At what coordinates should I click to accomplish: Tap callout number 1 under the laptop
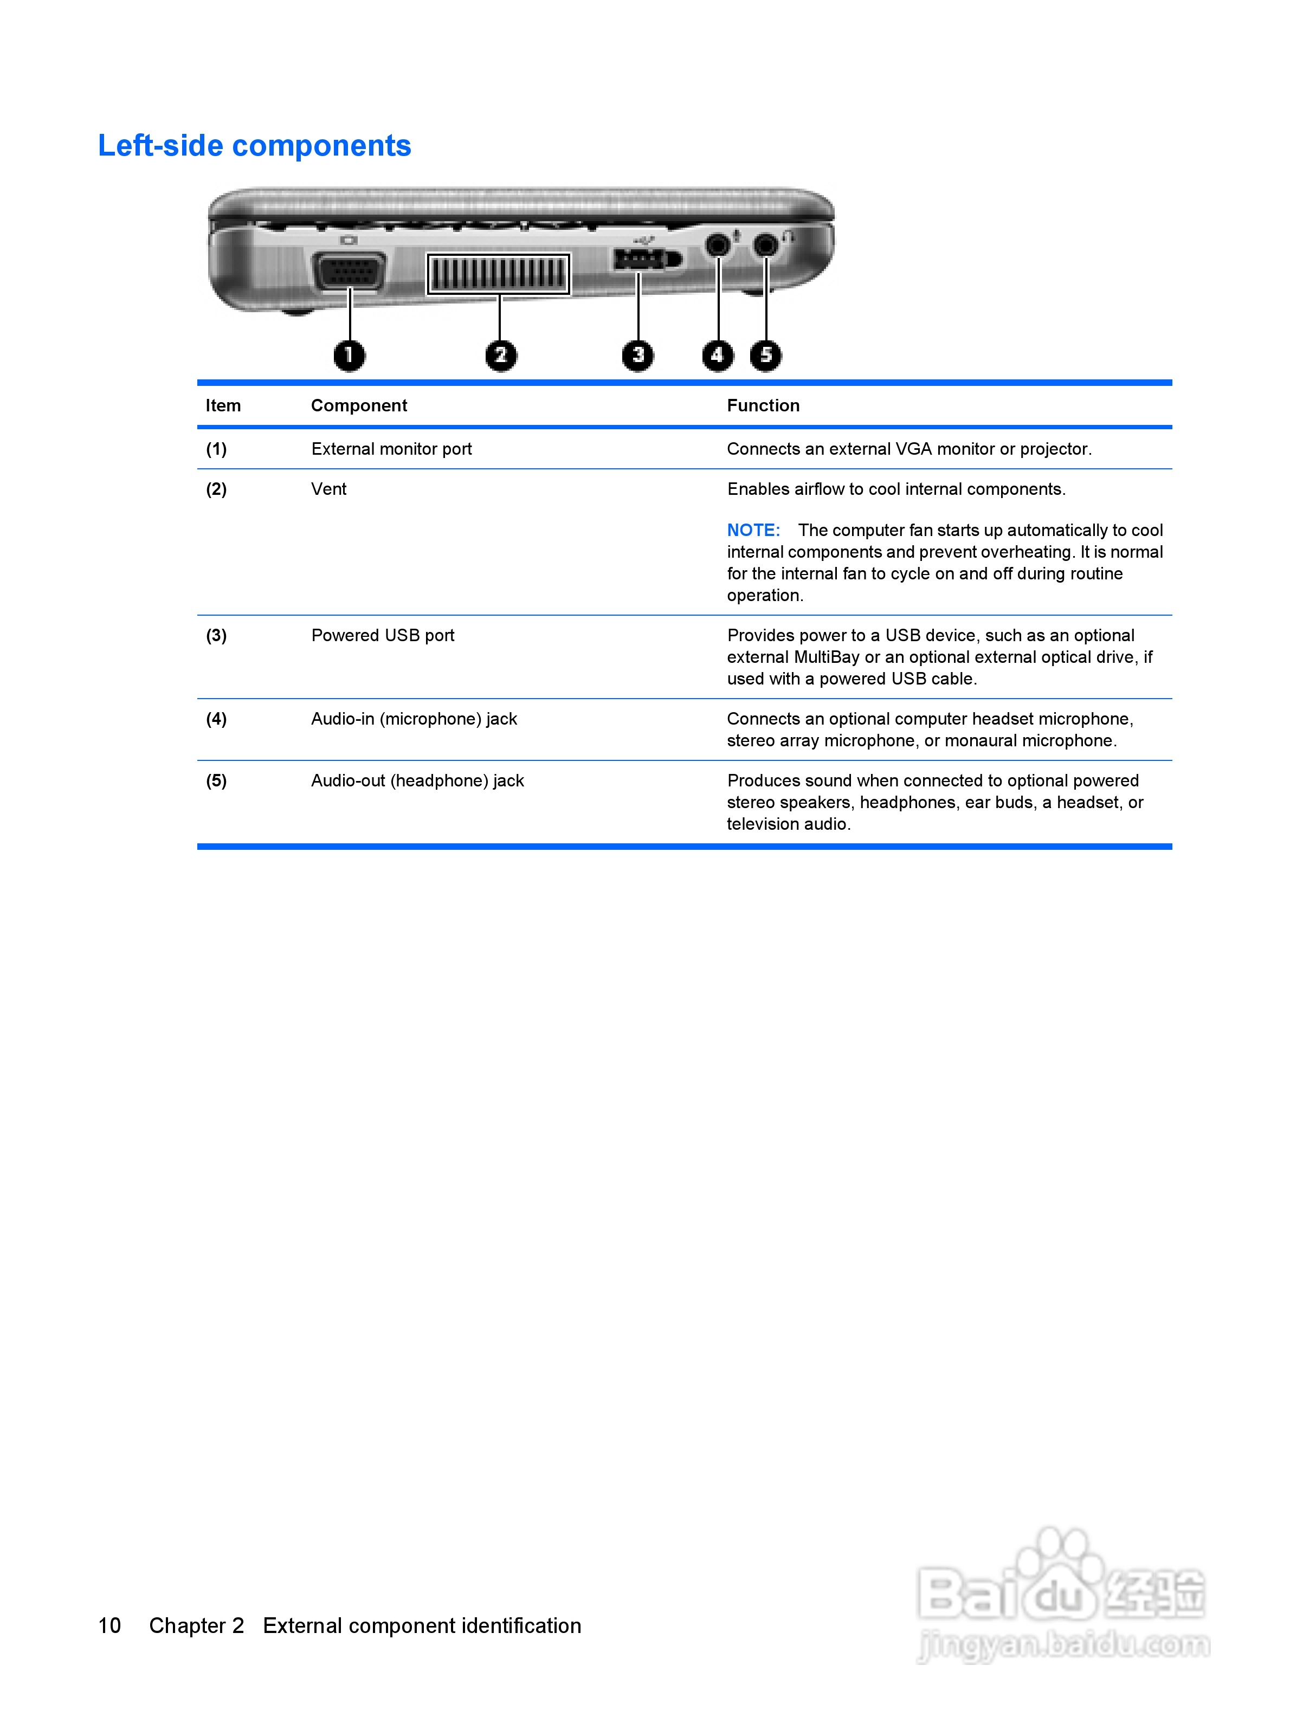(x=349, y=356)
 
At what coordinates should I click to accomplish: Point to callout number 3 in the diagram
(x=637, y=356)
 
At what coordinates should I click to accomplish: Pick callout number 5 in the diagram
(x=765, y=356)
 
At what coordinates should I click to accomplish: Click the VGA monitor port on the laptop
(x=349, y=272)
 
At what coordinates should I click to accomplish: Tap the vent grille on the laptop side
(x=498, y=274)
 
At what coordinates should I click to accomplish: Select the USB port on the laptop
(x=640, y=259)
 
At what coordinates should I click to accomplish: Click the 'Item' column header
(x=223, y=406)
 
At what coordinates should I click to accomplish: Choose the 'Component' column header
(x=359, y=406)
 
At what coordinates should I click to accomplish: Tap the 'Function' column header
(x=763, y=406)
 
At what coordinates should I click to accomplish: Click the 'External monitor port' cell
(x=391, y=449)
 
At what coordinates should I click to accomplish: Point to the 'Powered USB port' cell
(x=383, y=636)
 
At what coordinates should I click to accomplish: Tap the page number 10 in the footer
(x=109, y=1625)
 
